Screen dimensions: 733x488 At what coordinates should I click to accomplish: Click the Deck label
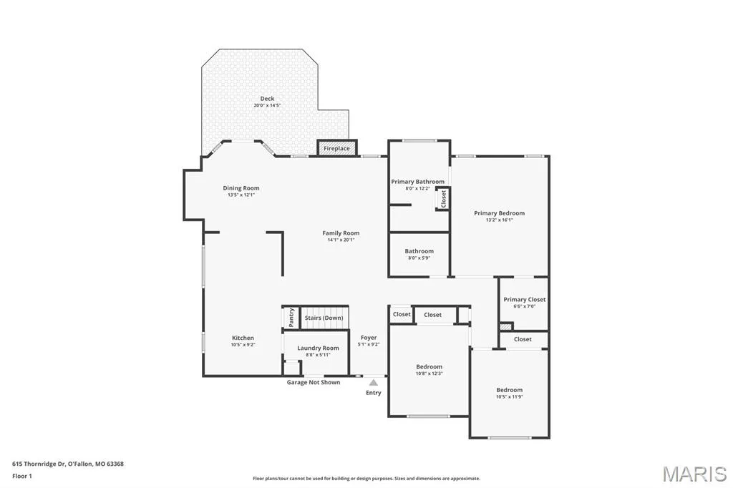[x=268, y=99]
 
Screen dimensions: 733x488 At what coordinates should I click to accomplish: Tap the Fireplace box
[x=337, y=147]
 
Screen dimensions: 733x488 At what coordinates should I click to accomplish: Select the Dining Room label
[x=241, y=188]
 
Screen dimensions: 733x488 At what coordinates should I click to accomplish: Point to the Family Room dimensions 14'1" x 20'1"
[x=341, y=240]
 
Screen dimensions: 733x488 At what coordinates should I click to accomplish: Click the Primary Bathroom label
[x=418, y=181]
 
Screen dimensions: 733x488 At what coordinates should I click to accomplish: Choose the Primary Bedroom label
[x=499, y=213]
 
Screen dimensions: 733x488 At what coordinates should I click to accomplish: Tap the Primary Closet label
[x=525, y=300]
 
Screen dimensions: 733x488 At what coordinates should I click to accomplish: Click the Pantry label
[x=291, y=318]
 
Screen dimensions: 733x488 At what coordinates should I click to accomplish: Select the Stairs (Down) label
[x=324, y=318]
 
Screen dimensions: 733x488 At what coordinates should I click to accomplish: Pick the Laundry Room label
[x=319, y=348]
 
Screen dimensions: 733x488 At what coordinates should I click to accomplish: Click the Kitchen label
[x=243, y=338]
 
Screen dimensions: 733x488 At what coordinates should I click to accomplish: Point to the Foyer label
[x=369, y=338]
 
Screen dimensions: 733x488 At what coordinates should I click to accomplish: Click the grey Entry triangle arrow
[x=374, y=382]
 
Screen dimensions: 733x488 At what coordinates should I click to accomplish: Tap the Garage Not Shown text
[x=314, y=382]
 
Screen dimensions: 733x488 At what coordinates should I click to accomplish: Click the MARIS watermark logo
[x=694, y=474]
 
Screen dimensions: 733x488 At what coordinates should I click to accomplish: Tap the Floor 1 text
[x=22, y=477]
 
